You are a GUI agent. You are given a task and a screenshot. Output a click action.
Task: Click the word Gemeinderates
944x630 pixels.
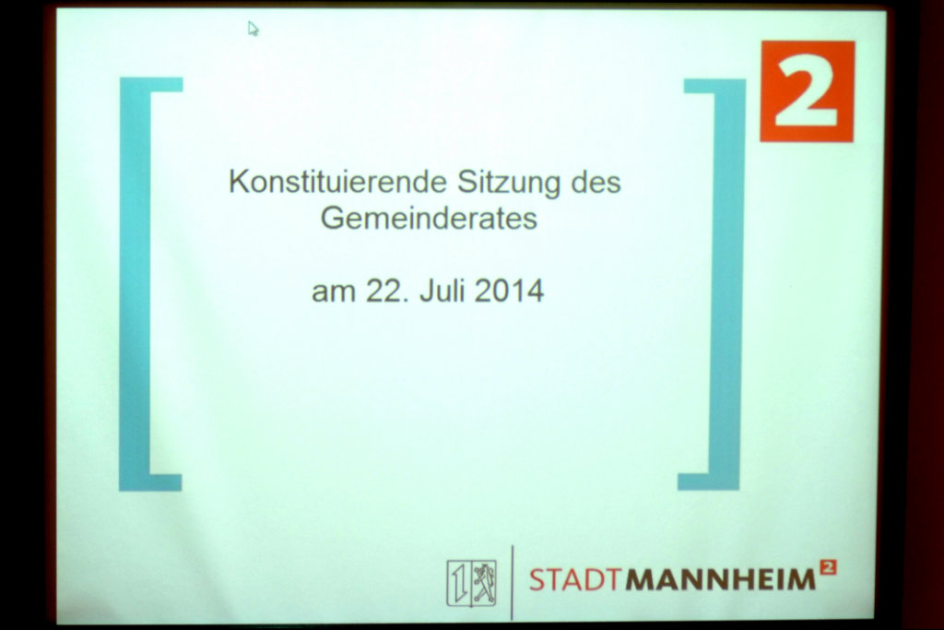pyautogui.click(x=429, y=218)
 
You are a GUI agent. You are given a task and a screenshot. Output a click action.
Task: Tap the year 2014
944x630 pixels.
pyautogui.click(x=509, y=291)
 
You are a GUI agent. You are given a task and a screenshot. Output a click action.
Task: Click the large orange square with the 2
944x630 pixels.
pyautogui.click(x=808, y=91)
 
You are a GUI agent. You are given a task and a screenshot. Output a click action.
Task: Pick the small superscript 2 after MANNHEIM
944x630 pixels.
pyautogui.click(x=829, y=567)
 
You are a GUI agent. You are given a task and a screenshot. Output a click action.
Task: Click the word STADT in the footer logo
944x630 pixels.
pyautogui.click(x=574, y=579)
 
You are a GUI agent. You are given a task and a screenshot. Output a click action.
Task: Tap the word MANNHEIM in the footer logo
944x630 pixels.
pyautogui.click(x=720, y=579)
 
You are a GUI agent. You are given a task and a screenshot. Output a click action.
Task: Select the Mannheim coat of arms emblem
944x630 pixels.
pyautogui.click(x=471, y=582)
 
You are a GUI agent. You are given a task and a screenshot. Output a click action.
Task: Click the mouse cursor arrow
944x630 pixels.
pyautogui.click(x=253, y=29)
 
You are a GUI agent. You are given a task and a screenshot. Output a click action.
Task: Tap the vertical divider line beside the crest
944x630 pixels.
pyautogui.click(x=513, y=582)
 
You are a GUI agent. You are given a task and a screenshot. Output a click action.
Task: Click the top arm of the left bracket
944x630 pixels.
pyautogui.click(x=151, y=85)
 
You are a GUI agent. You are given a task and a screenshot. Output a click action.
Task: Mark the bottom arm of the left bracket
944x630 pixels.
pyautogui.click(x=150, y=483)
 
